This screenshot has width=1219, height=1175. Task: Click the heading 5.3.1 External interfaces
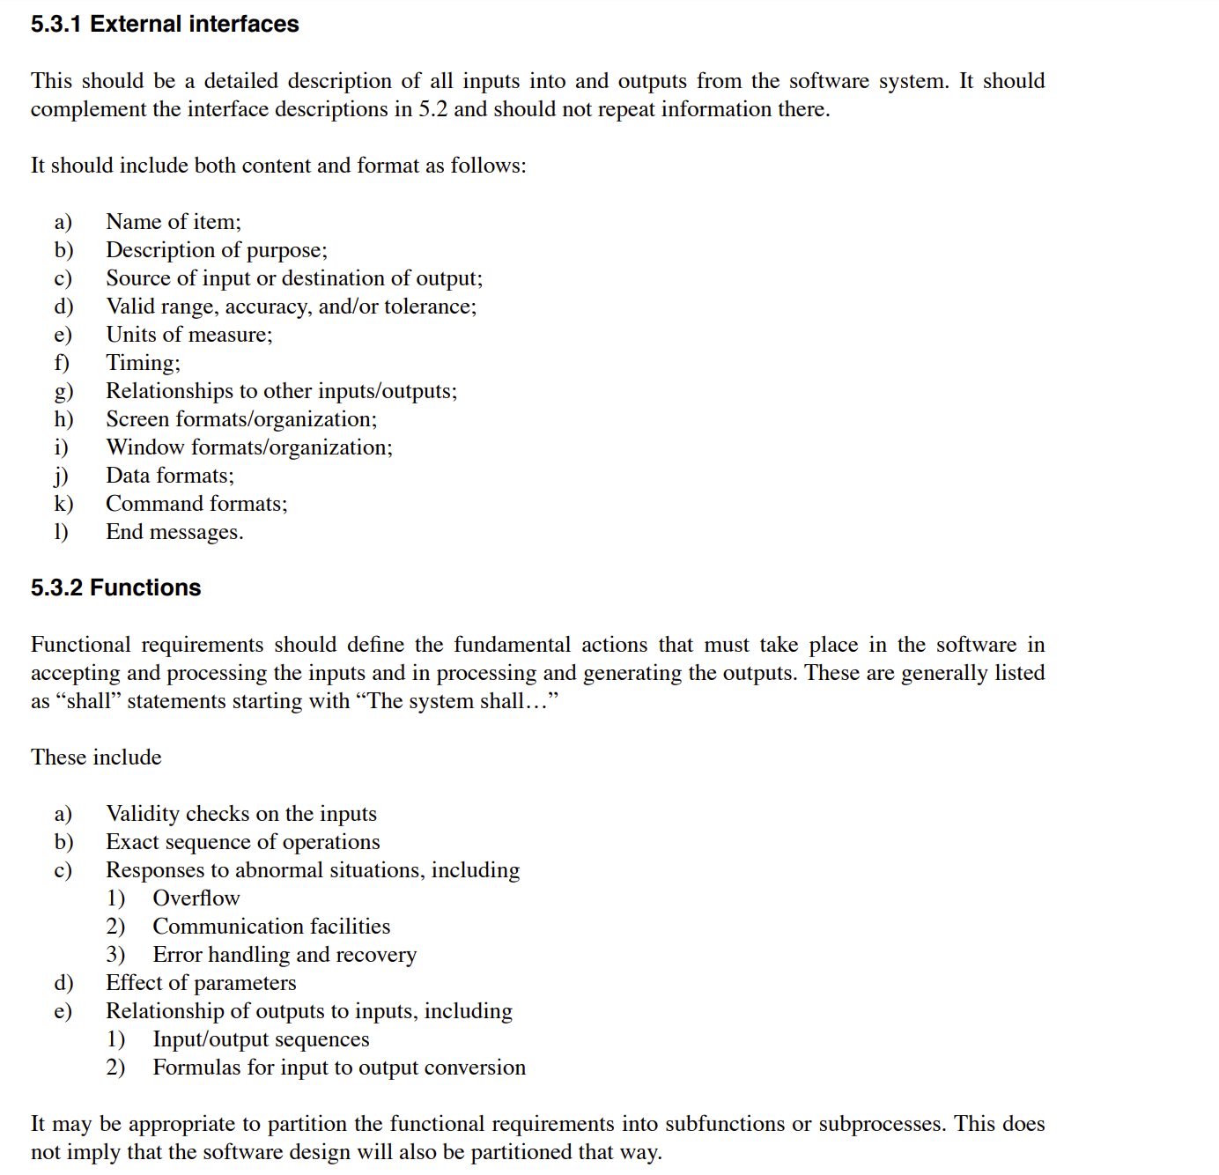[x=165, y=24]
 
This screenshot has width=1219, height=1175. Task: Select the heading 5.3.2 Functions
[x=115, y=587]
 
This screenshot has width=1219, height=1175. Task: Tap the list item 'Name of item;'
[x=174, y=222]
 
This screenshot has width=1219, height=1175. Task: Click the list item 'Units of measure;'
[x=189, y=335]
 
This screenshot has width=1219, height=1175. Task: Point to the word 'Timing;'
[x=143, y=363]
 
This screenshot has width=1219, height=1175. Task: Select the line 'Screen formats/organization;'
[x=241, y=419]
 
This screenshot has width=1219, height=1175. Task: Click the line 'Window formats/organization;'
[x=249, y=447]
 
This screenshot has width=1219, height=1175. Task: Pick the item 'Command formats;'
[x=196, y=504]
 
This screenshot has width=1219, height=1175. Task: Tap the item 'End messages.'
[x=174, y=532]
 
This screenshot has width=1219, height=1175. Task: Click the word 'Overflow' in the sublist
[x=196, y=898]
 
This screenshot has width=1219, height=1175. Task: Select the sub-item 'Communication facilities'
[x=271, y=927]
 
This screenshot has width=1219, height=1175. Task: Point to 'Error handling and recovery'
[x=284, y=955]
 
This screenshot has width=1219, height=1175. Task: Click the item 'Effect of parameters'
[x=201, y=983]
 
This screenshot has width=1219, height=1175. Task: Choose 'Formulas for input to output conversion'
[x=339, y=1068]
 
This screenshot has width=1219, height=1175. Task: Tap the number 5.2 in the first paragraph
[x=432, y=109]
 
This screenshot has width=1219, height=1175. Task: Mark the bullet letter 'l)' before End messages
[x=61, y=532]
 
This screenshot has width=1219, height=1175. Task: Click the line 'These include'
[x=96, y=757]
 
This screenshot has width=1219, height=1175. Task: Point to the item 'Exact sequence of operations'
[x=243, y=842]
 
